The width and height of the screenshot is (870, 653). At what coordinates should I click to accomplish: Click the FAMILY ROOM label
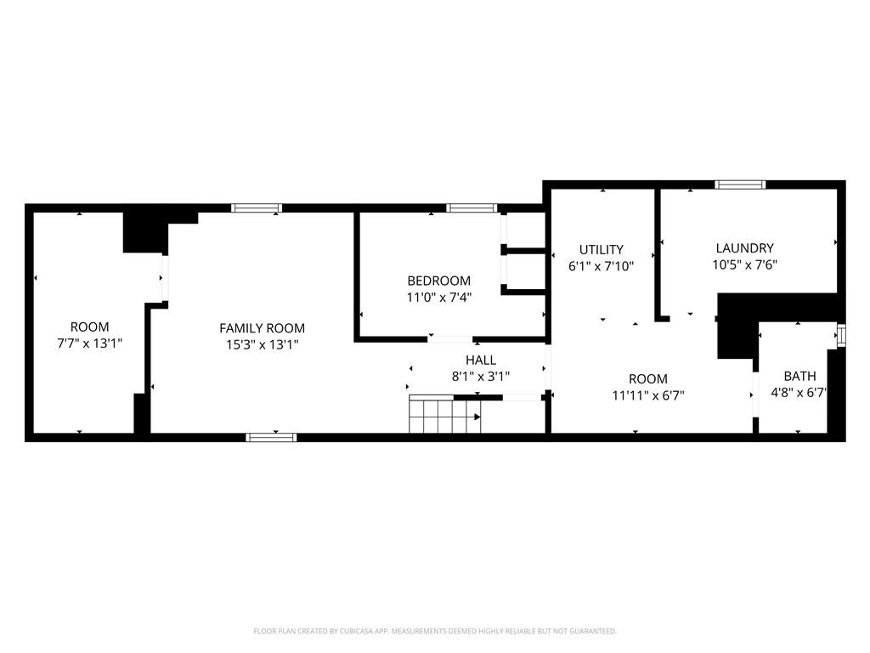click(262, 328)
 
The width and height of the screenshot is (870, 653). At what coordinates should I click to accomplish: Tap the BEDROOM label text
click(439, 281)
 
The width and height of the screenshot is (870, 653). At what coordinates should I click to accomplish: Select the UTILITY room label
click(602, 249)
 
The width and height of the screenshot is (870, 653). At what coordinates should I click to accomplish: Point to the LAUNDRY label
click(744, 248)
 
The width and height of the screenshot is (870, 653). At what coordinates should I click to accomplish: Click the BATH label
click(800, 376)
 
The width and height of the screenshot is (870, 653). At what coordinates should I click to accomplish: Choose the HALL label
click(481, 360)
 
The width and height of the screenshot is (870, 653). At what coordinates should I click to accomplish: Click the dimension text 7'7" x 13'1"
click(89, 344)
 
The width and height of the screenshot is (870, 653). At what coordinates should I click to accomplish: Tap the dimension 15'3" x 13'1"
click(263, 345)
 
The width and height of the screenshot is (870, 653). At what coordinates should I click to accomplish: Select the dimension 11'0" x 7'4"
click(439, 297)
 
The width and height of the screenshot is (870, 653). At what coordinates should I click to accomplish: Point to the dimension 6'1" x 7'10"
click(601, 266)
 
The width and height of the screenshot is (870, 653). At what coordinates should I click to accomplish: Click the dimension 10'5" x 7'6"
click(744, 265)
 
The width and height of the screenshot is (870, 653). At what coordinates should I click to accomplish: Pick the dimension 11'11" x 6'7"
click(648, 395)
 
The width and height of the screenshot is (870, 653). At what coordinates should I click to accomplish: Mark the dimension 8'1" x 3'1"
click(481, 377)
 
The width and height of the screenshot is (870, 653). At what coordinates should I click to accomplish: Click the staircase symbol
click(445, 414)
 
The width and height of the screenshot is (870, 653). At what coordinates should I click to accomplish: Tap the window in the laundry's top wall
click(740, 185)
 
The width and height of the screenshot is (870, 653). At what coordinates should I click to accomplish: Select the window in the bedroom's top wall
click(472, 208)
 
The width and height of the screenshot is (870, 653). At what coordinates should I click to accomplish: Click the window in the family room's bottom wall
click(271, 438)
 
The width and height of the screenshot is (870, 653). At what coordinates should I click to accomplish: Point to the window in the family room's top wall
click(257, 208)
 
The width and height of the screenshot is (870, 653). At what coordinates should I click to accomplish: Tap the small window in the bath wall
click(842, 335)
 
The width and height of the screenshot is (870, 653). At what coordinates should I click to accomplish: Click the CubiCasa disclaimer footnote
click(435, 632)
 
